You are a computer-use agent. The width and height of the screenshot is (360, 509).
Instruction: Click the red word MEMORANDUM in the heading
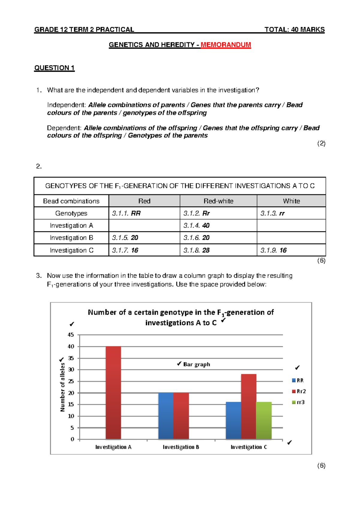pos(226,45)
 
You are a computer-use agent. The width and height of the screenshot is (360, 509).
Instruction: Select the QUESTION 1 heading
pos(54,68)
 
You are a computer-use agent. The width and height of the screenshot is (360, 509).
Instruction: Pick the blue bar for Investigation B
pos(166,416)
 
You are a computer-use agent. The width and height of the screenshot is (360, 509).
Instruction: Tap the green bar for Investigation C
pos(264,420)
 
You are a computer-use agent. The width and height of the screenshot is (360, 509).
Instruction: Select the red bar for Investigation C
pos(249,407)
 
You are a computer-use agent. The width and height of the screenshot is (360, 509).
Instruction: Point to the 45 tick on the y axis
pos(71,335)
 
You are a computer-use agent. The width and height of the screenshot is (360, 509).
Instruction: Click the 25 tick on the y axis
pos(71,381)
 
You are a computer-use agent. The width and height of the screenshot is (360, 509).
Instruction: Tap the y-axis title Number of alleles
pos(62,387)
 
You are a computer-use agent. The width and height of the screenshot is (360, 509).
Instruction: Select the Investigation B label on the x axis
pos(181,447)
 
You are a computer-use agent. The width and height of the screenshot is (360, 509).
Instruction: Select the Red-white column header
pos(218,201)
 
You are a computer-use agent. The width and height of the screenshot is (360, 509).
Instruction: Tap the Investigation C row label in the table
pos(71,250)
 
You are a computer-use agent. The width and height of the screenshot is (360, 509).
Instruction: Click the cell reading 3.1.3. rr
pos(272,213)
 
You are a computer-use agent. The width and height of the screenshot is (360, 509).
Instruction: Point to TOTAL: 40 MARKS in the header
pos(294,29)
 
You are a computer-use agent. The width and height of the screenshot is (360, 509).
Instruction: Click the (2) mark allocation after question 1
pos(321,143)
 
